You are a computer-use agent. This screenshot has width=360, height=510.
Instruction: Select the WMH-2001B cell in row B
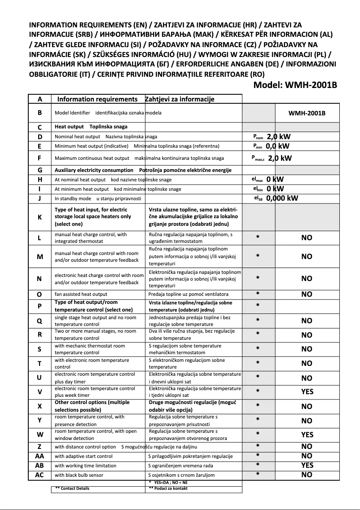click(307, 113)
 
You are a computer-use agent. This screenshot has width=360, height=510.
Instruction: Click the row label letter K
click(40, 217)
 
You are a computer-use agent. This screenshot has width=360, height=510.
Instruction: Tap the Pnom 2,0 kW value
click(271, 136)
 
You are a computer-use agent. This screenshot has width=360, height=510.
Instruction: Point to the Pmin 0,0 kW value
click(271, 146)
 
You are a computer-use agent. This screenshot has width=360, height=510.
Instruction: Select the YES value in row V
click(307, 392)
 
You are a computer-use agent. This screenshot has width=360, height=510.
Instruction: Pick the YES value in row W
click(307, 435)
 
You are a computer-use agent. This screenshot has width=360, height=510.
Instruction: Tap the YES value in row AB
click(307, 466)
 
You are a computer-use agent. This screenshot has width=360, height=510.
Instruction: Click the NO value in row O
click(307, 295)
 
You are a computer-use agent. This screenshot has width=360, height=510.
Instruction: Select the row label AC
click(40, 475)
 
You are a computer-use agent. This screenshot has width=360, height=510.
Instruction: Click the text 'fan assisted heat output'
click(81, 295)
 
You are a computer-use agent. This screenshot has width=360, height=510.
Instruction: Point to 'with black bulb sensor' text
click(79, 475)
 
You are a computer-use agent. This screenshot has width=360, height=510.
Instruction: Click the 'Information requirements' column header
click(97, 99)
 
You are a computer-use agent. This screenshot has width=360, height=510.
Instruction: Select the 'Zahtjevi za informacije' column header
click(180, 99)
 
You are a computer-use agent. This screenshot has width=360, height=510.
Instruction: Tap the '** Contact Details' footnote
click(72, 488)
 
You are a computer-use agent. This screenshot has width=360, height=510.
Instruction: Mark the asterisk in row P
click(258, 305)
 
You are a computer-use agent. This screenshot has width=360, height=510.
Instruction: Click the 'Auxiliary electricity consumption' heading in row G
click(94, 170)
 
